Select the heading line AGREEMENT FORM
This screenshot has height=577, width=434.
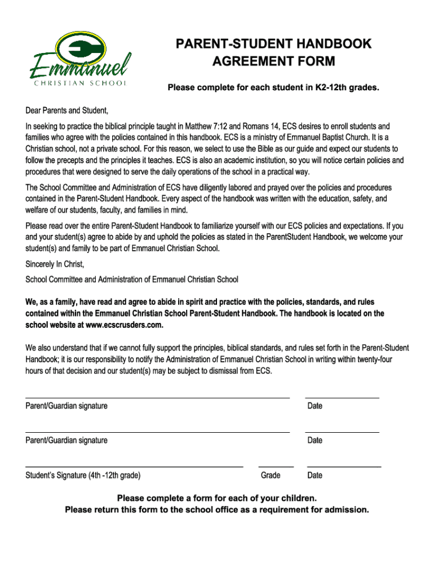(273, 61)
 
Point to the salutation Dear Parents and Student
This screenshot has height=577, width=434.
(67, 110)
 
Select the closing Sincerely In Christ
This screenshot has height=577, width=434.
(55, 264)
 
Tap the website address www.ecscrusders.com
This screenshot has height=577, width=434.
(124, 325)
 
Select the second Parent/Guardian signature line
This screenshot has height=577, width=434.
(157, 432)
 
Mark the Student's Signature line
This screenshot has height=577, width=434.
(134, 466)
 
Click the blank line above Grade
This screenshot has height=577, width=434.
(276, 466)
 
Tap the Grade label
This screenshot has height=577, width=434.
(271, 476)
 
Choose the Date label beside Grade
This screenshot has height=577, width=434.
(315, 476)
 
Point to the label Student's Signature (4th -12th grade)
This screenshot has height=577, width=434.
(83, 476)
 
